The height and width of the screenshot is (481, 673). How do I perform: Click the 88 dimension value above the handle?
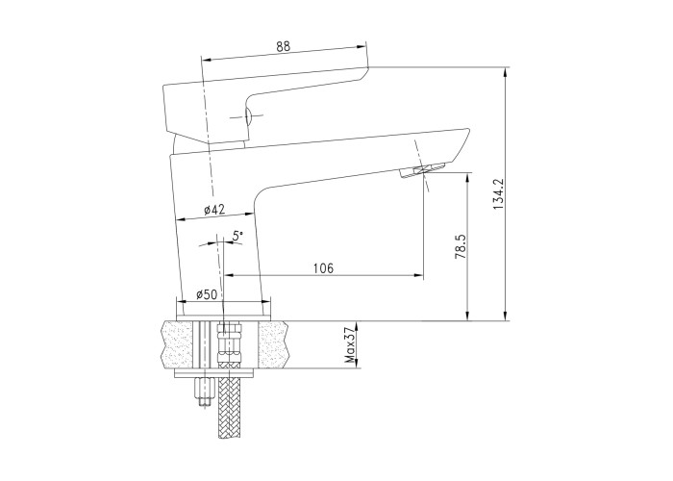point(284,46)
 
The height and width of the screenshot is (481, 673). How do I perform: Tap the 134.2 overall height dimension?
point(498,194)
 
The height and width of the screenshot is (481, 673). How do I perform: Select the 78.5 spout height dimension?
point(461,247)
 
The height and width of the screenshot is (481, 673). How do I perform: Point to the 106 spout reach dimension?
point(324,268)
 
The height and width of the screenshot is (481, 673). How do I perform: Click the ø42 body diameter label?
point(214,210)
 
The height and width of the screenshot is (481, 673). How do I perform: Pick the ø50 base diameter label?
point(207,294)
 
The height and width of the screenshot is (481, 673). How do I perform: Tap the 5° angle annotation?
point(237,236)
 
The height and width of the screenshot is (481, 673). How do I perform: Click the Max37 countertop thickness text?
point(351,344)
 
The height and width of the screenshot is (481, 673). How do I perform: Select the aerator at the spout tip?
point(423,169)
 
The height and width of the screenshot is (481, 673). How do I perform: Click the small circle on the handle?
point(248,116)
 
